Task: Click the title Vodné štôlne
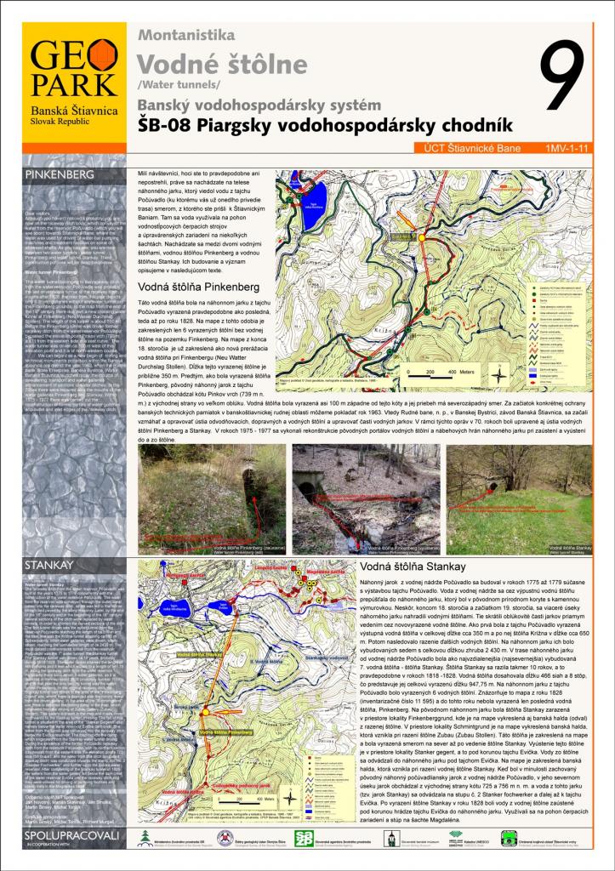(222, 64)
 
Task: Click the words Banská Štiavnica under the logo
(73, 111)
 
